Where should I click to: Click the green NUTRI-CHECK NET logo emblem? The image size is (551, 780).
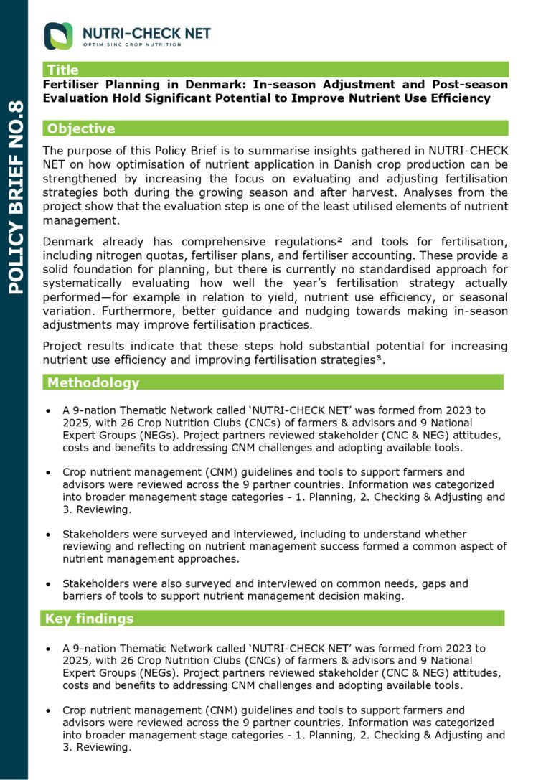(x=58, y=36)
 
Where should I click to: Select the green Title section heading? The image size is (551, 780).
(x=62, y=70)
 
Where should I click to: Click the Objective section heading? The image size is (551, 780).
(x=80, y=128)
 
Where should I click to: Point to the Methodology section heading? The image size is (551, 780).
(x=93, y=382)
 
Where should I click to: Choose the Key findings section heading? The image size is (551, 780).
(x=89, y=618)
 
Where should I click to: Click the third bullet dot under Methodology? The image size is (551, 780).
(x=47, y=535)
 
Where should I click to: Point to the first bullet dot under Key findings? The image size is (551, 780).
(x=47, y=649)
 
